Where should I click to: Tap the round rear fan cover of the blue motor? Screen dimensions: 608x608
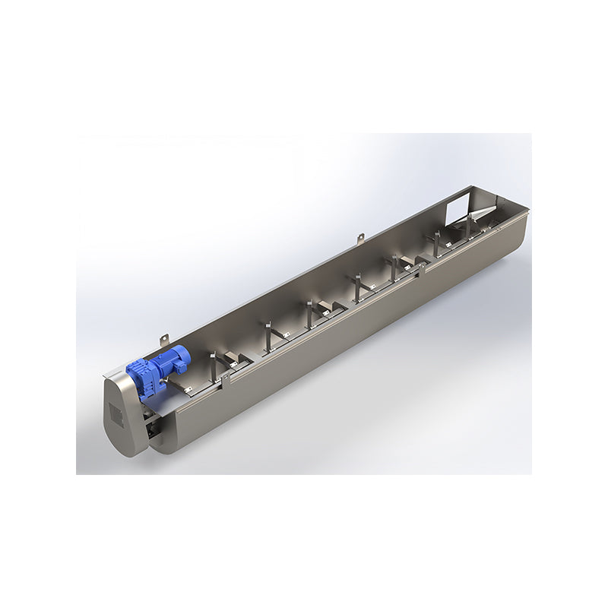click(182, 356)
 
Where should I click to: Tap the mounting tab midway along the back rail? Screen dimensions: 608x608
click(360, 240)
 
